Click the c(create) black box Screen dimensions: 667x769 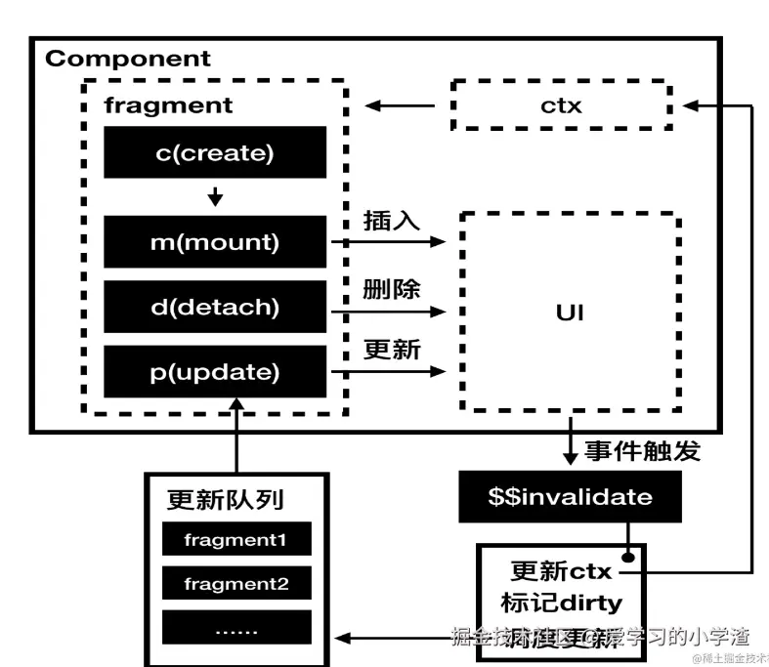pos(215,152)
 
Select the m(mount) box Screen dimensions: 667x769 pos(215,242)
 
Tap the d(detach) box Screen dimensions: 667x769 pos(215,307)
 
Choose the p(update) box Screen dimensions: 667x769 pos(215,371)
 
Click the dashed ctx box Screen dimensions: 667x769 pos(561,104)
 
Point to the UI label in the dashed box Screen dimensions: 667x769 pos(570,313)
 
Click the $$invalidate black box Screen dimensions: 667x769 pos(570,497)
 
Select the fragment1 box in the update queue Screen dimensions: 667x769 pos(235,539)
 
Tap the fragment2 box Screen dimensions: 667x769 pos(235,584)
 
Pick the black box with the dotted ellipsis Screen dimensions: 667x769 pos(235,630)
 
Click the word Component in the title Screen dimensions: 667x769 pos(127,59)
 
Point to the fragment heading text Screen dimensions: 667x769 pos(168,105)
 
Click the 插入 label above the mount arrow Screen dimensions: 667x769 pos(391,221)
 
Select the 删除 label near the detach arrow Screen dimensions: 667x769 pos(391,290)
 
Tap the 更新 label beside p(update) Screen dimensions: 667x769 pos(391,350)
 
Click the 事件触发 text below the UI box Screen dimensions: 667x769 pos(642,451)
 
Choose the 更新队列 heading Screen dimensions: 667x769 pos(225,500)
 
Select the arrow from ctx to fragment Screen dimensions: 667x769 pos(400,104)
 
